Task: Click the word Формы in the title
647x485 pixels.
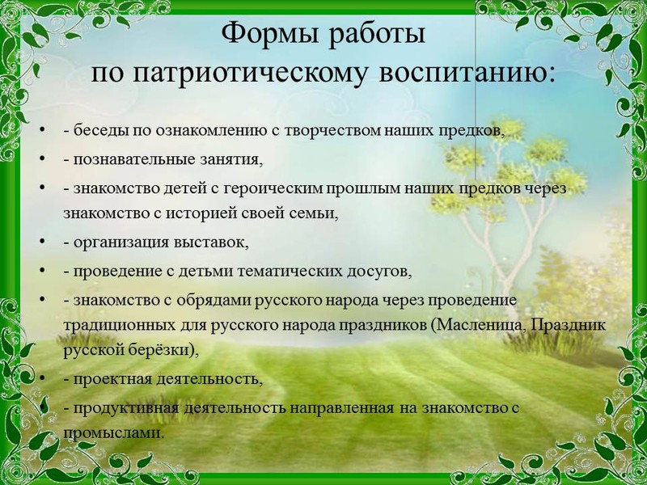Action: [270, 34]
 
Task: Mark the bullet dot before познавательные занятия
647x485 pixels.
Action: [43, 158]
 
